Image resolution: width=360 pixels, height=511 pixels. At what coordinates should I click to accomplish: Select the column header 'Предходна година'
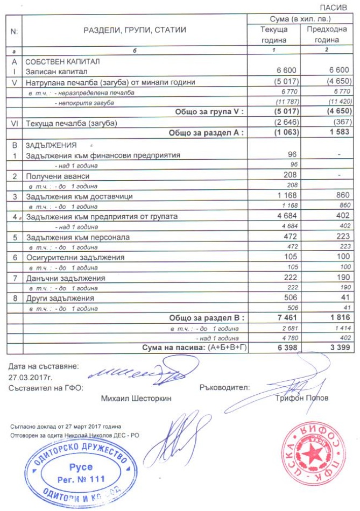click(x=323, y=34)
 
